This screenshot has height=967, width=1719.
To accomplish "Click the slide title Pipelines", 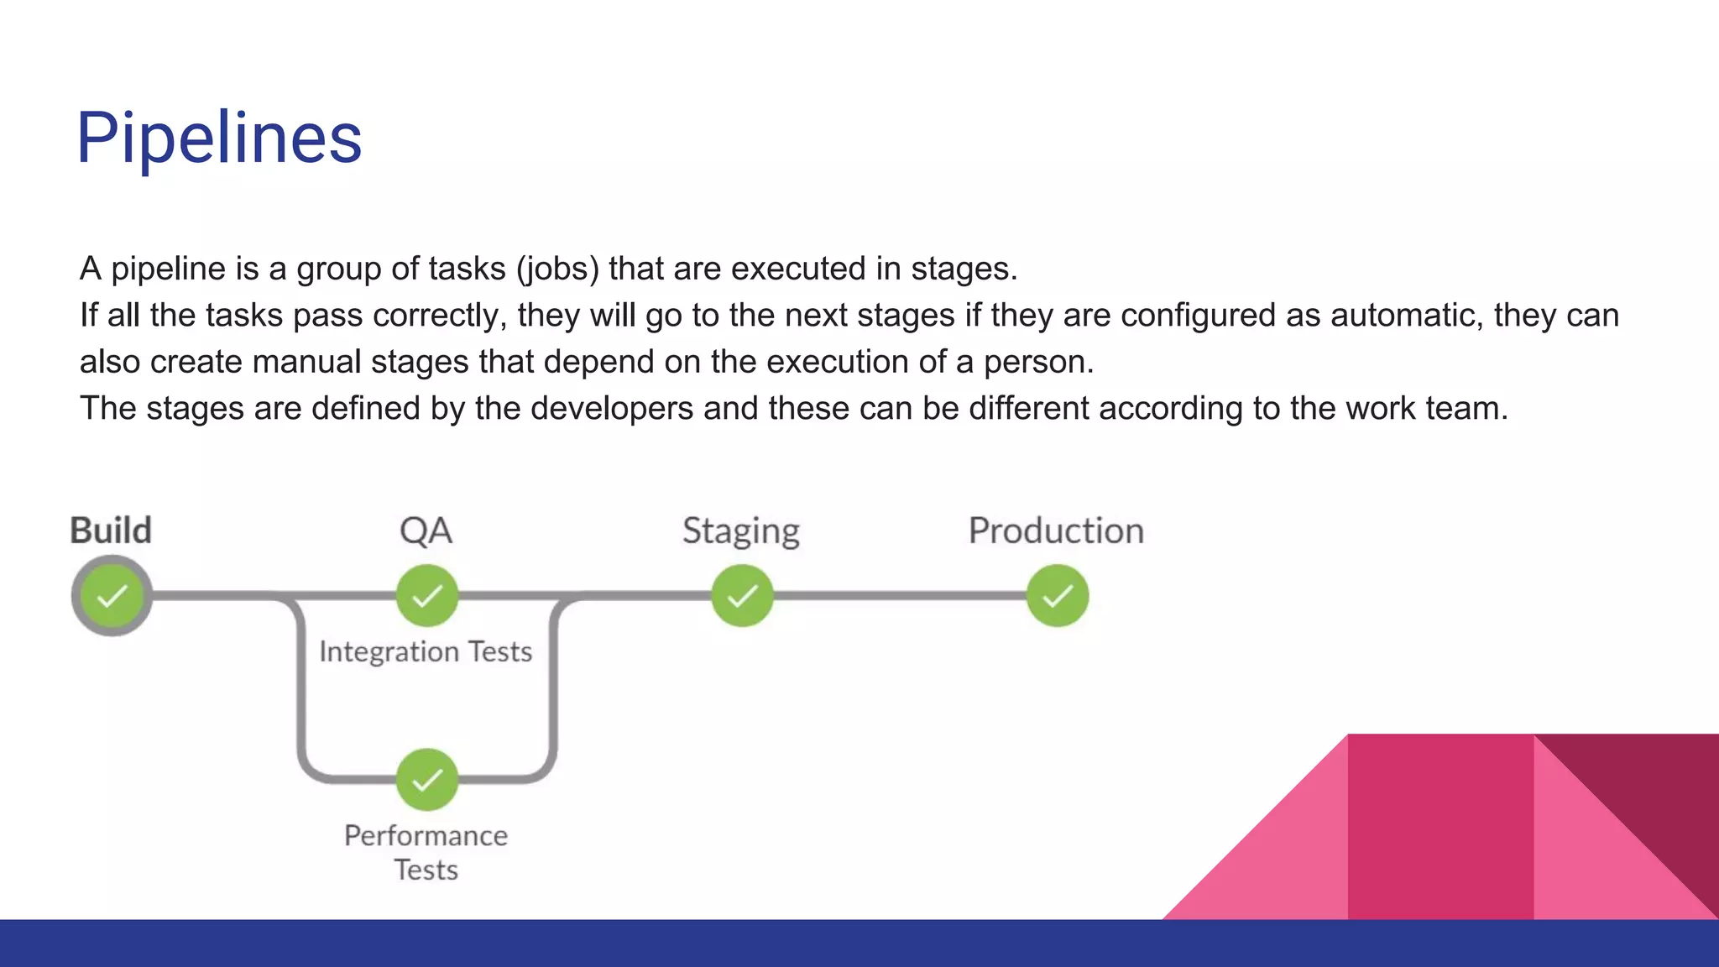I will click(219, 138).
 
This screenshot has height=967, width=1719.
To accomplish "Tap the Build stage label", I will click(111, 531).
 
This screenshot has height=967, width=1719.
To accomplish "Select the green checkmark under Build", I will click(112, 596).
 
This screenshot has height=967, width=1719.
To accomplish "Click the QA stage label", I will click(426, 531).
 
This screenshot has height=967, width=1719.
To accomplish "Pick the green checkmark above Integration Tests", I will click(427, 596).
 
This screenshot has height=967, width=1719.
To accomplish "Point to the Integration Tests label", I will click(426, 651).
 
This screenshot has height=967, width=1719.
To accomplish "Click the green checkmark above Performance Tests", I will click(427, 780).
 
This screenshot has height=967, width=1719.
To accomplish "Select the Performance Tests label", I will click(426, 852).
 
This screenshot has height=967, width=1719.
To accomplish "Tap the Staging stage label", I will click(740, 531).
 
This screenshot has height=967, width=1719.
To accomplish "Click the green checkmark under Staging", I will click(742, 596).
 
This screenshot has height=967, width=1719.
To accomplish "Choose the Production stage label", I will click(1056, 531).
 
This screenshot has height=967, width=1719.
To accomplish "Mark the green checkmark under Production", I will click(1058, 596).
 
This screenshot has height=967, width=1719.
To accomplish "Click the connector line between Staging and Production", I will click(898, 596).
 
